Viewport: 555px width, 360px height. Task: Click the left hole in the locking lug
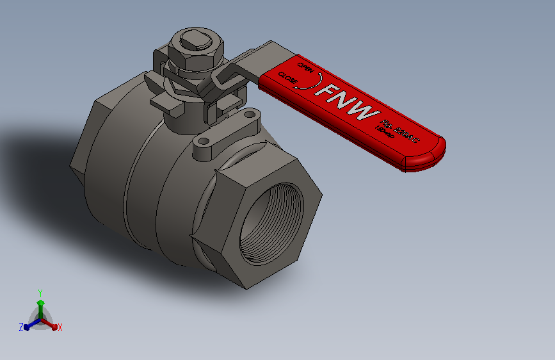(x=203, y=141)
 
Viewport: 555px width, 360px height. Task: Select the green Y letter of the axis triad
(x=40, y=291)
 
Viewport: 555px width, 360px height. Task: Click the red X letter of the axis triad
(x=60, y=328)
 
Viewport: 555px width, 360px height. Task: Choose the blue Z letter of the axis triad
(x=20, y=327)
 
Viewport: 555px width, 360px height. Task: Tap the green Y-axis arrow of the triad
(x=40, y=305)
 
